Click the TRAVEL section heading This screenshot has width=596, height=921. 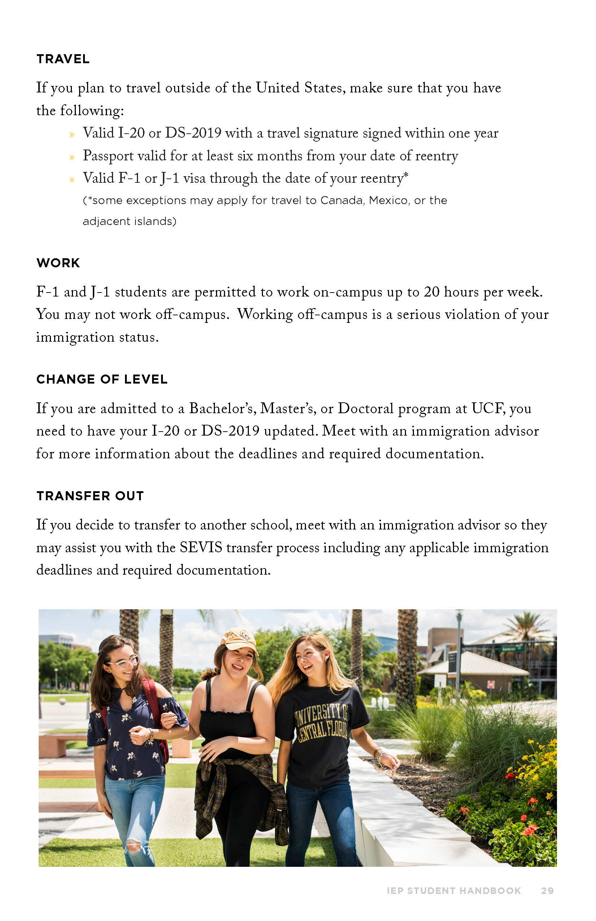(x=63, y=59)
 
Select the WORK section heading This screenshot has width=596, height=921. (x=58, y=263)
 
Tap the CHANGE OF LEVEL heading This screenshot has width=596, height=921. (x=102, y=379)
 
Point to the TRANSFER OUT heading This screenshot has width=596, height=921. (x=90, y=496)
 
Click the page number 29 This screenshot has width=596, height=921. (x=547, y=891)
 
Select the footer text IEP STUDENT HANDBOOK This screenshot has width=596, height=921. (x=454, y=891)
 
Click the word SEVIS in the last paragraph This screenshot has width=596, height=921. (x=201, y=548)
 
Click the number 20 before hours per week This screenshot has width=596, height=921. (x=432, y=292)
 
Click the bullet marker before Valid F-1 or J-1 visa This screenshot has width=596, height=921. (x=72, y=180)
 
